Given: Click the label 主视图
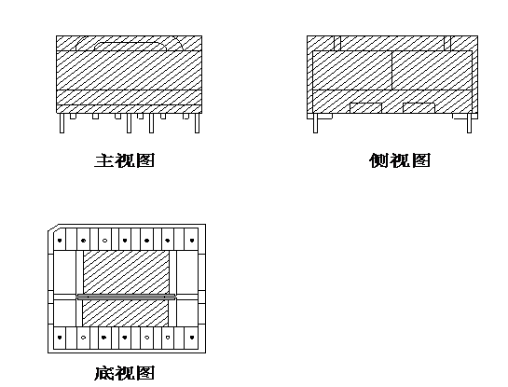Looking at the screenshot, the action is (125, 160).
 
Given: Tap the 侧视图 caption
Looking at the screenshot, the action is (400, 160).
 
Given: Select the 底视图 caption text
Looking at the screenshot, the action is (125, 373).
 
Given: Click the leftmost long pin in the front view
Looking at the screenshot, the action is (62, 123).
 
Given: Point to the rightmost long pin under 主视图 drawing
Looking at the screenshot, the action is (197, 123).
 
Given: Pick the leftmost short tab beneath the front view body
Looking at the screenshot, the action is (73, 116).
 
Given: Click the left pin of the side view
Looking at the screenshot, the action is (316, 123).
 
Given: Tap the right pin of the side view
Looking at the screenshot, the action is (469, 123).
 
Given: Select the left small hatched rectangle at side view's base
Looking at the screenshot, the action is (365, 108).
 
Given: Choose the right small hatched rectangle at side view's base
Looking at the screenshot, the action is (419, 108).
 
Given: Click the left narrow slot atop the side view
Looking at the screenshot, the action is (337, 43).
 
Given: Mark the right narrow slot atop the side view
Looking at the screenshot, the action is (447, 43).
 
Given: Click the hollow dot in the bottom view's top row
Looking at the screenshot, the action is (104, 241).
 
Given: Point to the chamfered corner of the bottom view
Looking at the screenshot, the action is (53, 228).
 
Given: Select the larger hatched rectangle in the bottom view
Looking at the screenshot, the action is (127, 272).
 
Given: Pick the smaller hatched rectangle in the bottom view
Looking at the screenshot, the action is (126, 312).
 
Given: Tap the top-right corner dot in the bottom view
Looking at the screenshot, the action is (192, 241).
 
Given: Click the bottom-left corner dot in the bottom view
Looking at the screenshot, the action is (60, 338).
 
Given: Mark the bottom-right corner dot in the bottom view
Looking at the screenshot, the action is (192, 338).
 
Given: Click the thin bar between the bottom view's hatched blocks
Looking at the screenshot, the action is (126, 297).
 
